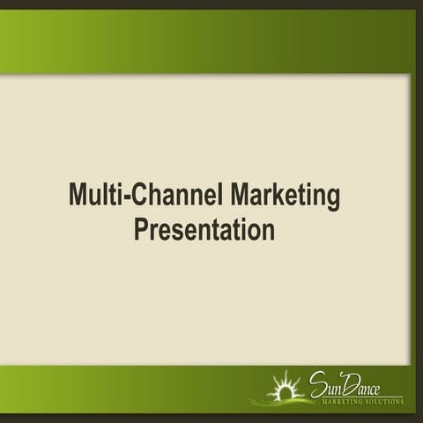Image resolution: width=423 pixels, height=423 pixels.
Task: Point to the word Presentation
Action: click(x=204, y=229)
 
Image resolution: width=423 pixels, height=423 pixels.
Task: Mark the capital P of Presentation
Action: click(x=141, y=229)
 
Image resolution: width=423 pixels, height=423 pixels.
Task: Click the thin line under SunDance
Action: click(x=361, y=395)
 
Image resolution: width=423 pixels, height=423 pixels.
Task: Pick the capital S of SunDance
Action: click(x=316, y=383)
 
